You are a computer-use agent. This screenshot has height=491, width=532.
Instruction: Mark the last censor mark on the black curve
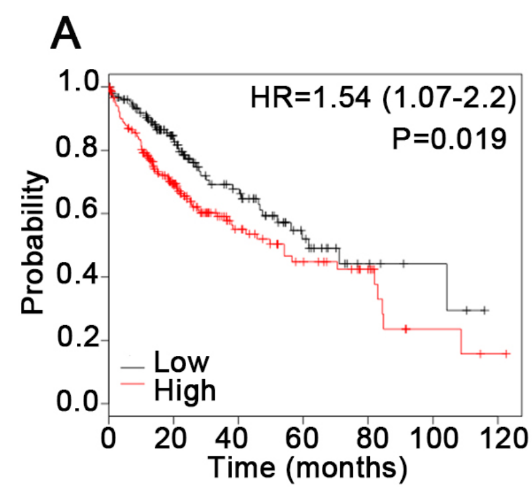(x=485, y=310)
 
